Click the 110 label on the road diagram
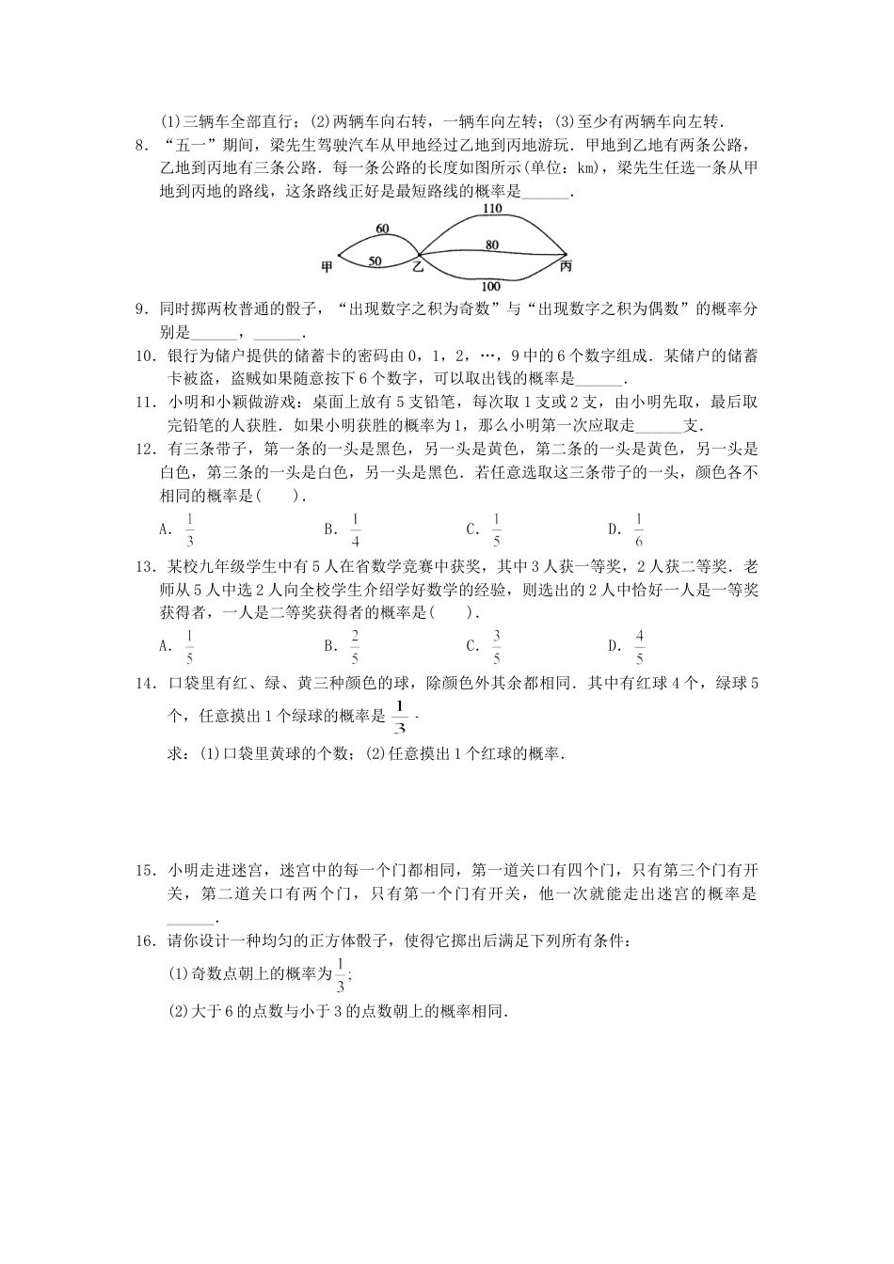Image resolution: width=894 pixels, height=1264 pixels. (491, 209)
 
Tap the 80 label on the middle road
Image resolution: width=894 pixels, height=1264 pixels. (491, 245)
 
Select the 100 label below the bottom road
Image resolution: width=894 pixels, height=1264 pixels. (490, 286)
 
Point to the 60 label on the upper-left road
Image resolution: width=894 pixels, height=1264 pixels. (381, 229)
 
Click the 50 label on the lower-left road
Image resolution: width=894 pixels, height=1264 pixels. (375, 261)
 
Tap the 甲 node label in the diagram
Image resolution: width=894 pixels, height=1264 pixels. (327, 267)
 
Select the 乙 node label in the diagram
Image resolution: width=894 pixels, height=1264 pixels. (418, 267)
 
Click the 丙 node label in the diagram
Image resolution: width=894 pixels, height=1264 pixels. (565, 267)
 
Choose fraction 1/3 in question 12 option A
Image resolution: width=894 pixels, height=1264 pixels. (189, 529)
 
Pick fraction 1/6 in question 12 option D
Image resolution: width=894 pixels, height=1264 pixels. (639, 529)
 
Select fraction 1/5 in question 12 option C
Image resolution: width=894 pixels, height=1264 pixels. (496, 529)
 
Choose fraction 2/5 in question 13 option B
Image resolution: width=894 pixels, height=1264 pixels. (355, 646)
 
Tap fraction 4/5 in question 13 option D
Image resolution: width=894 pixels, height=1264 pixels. (639, 646)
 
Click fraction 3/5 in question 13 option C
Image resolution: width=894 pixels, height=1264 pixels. (496, 646)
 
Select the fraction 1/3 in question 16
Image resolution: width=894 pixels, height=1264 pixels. (340, 977)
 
